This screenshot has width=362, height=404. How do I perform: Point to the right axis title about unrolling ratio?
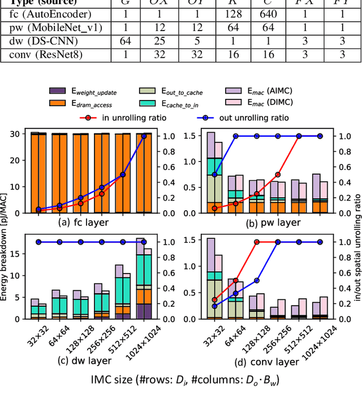click(356, 237)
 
